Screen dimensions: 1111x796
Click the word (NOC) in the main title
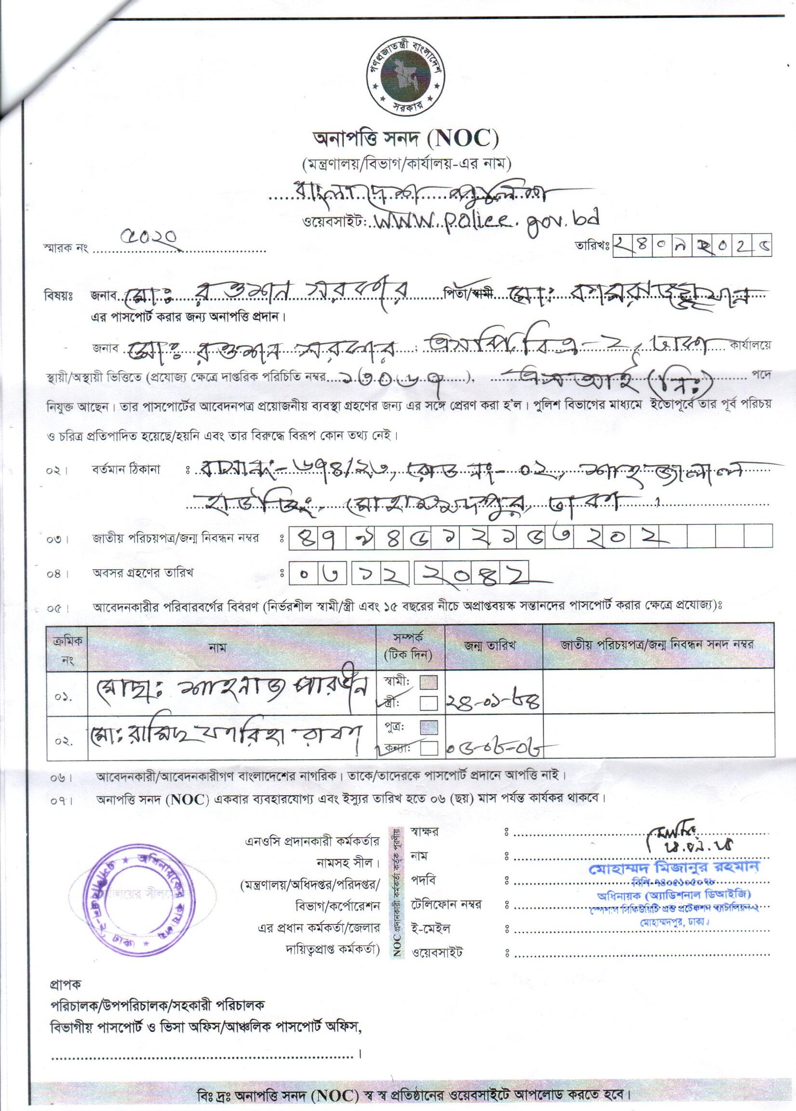pos(463,140)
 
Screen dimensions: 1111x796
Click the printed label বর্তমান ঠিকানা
pos(125,470)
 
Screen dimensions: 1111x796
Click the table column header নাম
pos(217,648)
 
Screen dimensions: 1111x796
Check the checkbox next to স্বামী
pos(429,683)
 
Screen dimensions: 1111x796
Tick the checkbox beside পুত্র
pos(429,727)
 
